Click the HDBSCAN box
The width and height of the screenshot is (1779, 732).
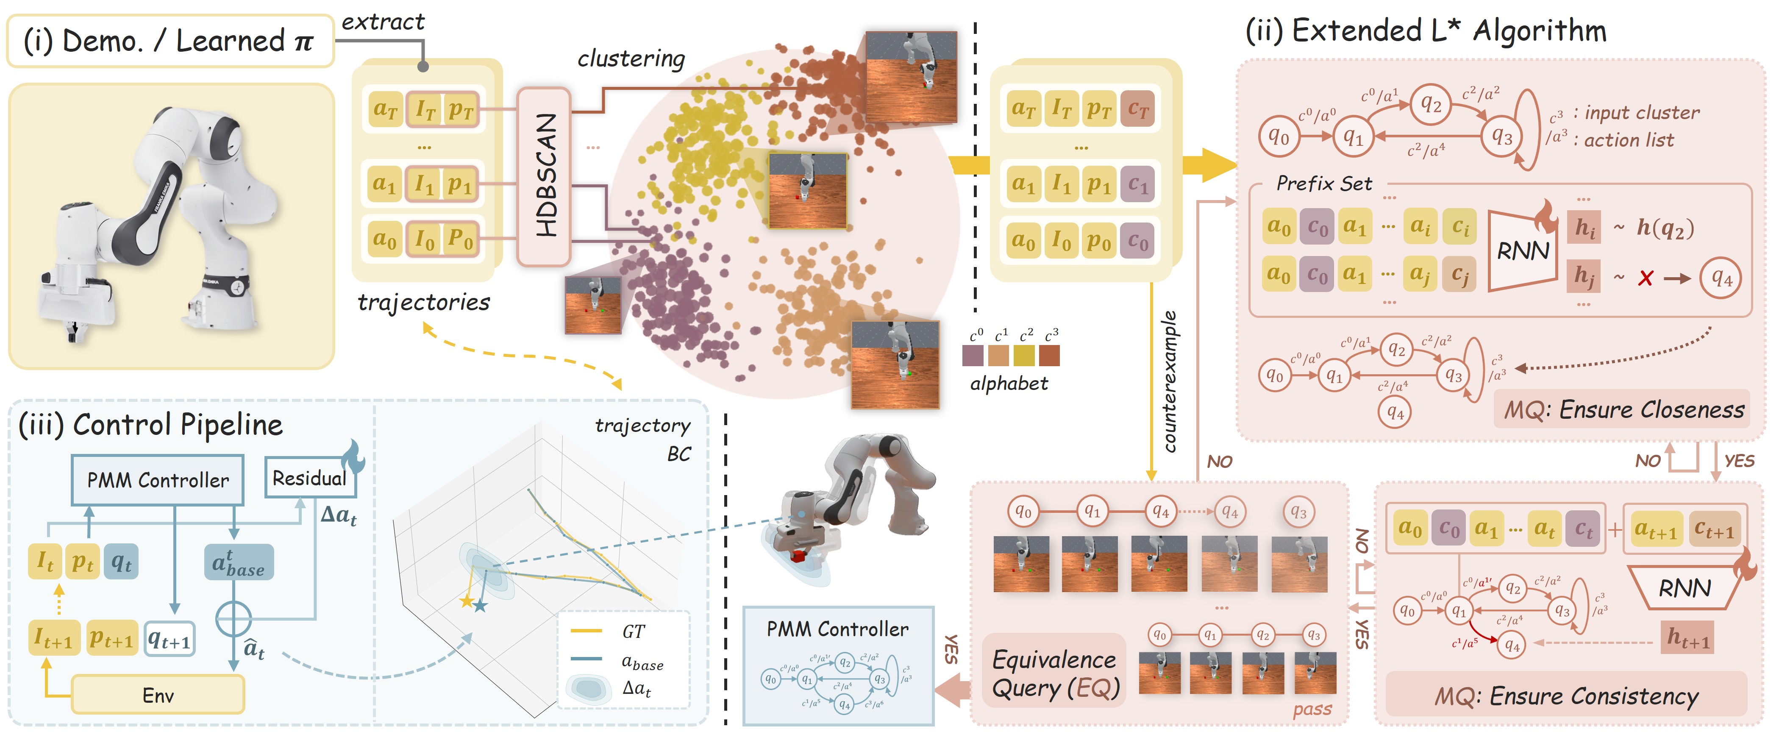click(544, 176)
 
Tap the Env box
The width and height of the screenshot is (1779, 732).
click(158, 695)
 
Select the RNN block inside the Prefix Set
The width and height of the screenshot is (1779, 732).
click(1523, 250)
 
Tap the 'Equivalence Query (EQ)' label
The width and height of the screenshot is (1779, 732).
click(1054, 674)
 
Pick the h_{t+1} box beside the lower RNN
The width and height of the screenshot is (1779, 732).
click(1687, 638)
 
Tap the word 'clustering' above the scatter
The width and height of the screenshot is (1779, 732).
click(631, 58)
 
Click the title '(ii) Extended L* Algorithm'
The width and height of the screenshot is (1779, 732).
click(1426, 31)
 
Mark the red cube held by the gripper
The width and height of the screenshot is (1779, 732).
click(800, 555)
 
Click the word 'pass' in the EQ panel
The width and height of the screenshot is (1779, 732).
click(1312, 709)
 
